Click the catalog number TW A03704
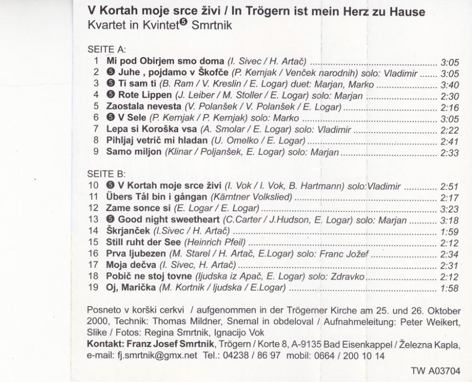click(x=436, y=371)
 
